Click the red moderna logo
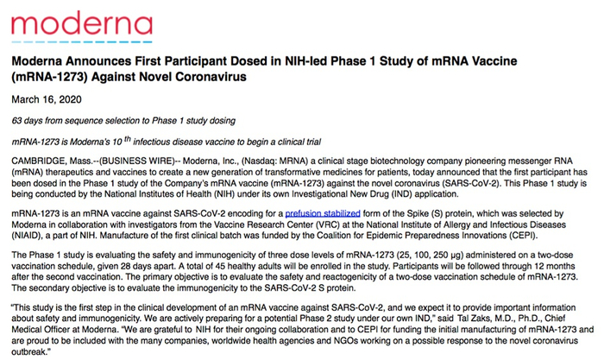point(66,26)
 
